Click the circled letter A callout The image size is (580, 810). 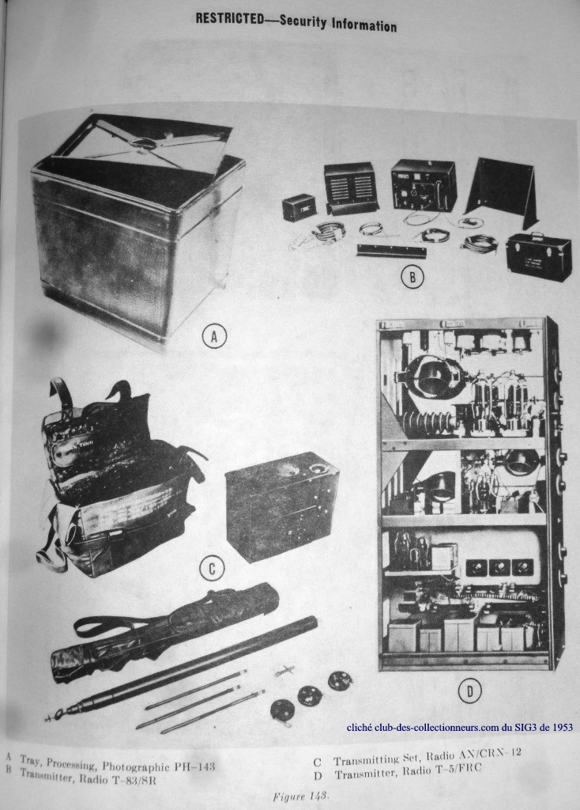pyautogui.click(x=213, y=337)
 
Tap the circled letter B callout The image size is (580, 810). pyautogui.click(x=412, y=278)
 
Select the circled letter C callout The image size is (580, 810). pyautogui.click(x=212, y=569)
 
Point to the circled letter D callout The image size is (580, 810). pyautogui.click(x=469, y=691)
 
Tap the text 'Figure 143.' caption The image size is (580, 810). pyautogui.click(x=301, y=796)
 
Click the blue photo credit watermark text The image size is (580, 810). pyautogui.click(x=460, y=728)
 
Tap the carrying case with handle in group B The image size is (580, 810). pyautogui.click(x=539, y=252)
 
